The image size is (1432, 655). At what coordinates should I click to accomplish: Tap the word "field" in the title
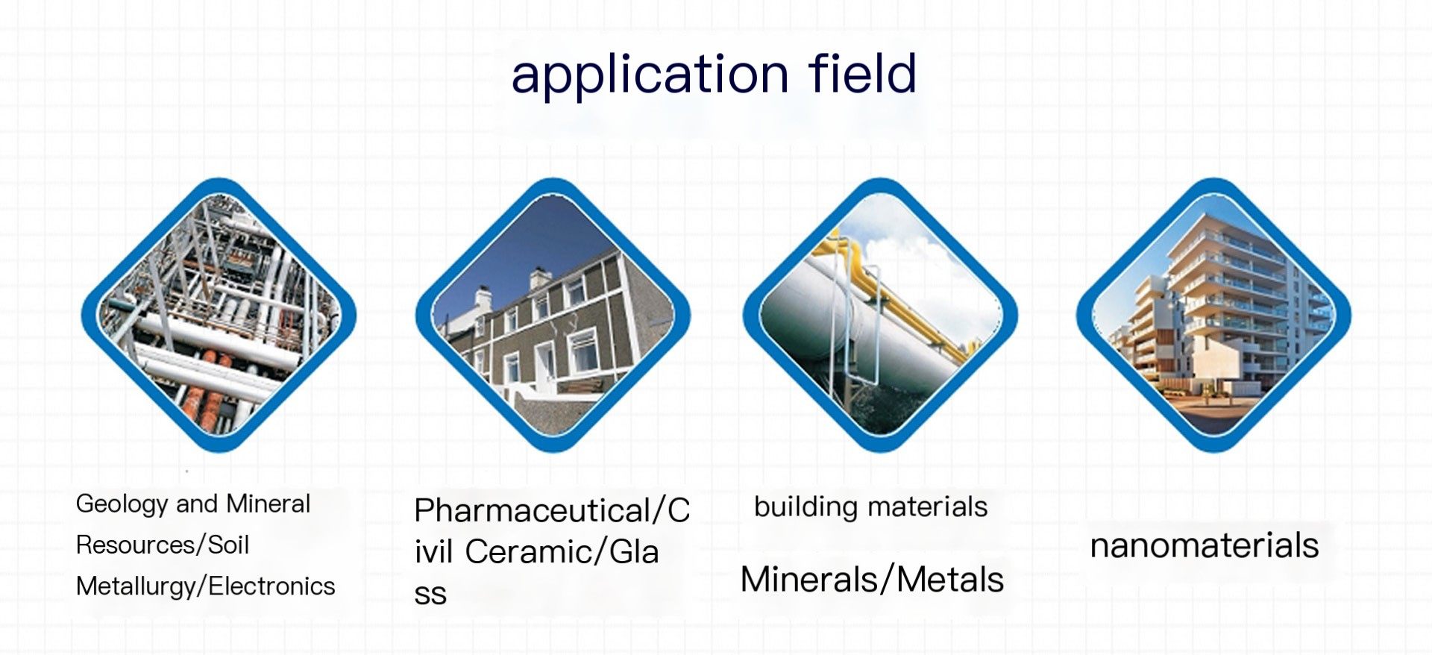point(863,72)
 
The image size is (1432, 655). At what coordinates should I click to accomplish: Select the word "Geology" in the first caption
point(122,505)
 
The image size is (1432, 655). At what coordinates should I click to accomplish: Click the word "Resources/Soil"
point(163,545)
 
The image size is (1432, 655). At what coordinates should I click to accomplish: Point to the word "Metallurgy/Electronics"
point(206,587)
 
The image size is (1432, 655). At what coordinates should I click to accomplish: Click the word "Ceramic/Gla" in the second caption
point(562,553)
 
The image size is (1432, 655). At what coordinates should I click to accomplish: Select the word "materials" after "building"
point(929,507)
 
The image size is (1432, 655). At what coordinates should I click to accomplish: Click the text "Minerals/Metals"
point(872,580)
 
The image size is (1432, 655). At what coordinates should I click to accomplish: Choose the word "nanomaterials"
point(1205,545)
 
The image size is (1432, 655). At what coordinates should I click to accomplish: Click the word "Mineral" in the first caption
point(268,504)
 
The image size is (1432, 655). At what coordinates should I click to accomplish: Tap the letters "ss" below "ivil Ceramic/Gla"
point(430,595)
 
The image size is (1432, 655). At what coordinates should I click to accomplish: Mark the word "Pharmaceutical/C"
point(552,511)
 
